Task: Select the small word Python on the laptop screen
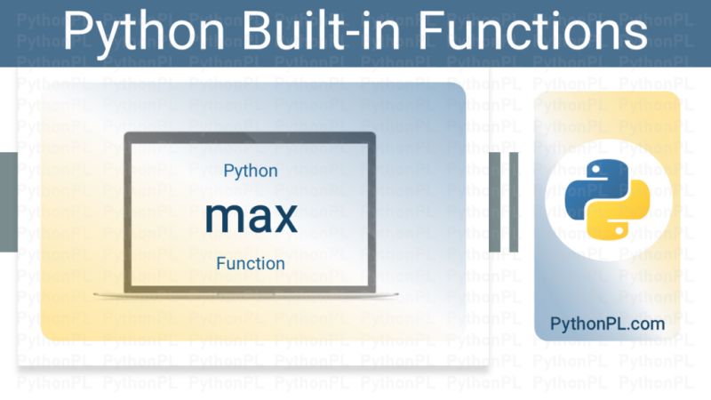click(251, 171)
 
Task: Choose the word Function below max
click(251, 263)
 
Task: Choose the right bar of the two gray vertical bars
click(515, 201)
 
